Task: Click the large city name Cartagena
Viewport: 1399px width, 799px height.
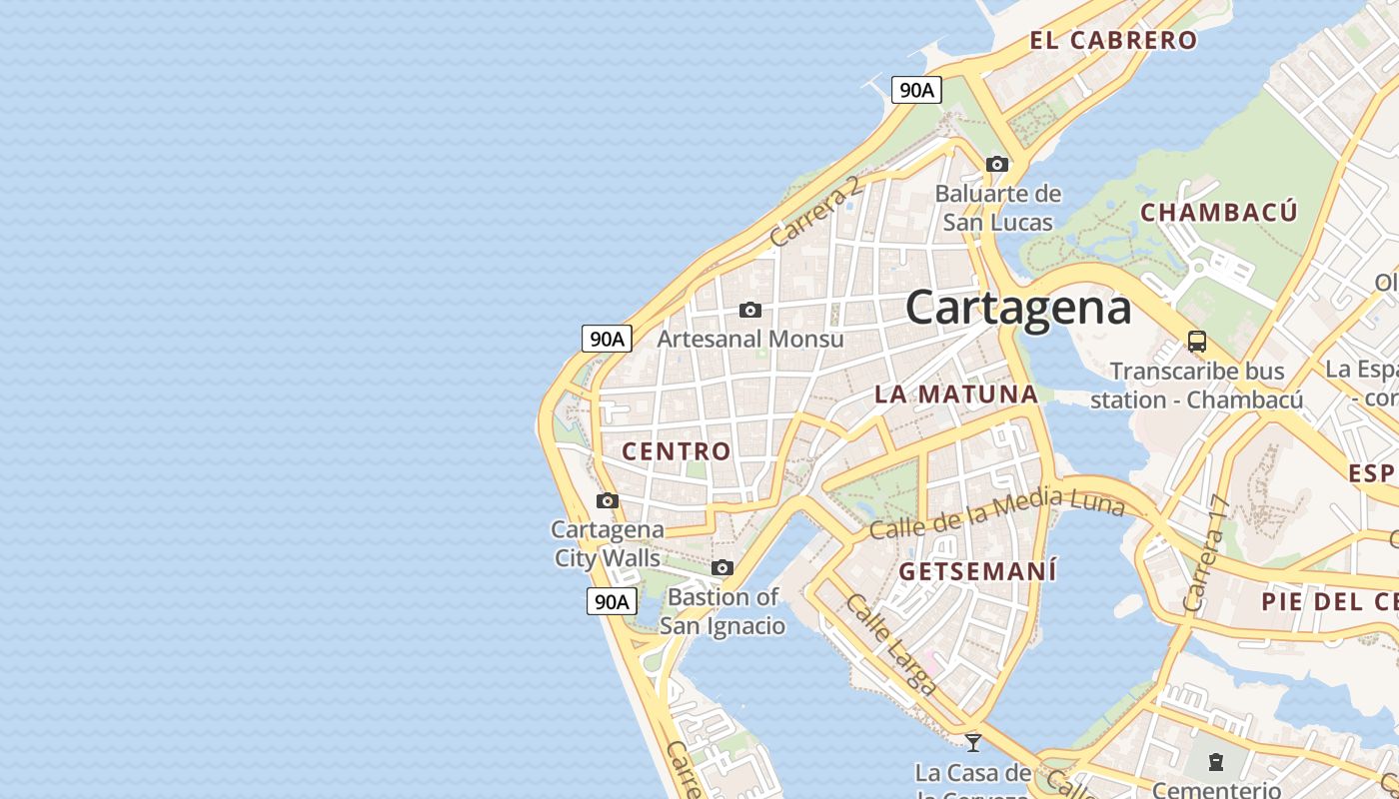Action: coord(1018,308)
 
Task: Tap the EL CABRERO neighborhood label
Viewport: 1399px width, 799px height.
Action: coord(1113,41)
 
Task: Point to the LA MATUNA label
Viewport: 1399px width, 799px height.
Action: coord(956,395)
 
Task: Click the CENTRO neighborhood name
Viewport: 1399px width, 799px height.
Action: coord(677,451)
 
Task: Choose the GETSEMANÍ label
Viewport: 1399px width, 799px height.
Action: coord(977,572)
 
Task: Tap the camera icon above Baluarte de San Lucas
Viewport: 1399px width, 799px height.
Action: coord(996,164)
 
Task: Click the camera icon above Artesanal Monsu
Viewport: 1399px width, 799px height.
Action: coord(749,311)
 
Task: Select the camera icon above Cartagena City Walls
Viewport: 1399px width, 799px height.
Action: coord(607,500)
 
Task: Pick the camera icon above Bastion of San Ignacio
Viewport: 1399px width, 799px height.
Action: coord(721,568)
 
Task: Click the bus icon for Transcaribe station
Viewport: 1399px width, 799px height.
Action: coord(1196,342)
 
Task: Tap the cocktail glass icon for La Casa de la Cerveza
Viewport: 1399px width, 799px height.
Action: coord(972,742)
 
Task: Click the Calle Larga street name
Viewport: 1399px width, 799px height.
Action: coord(890,644)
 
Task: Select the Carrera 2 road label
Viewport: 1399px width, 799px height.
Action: coord(815,213)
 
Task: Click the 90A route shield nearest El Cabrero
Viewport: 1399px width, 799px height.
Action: coord(916,90)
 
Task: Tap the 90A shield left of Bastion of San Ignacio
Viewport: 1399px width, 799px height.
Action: coord(611,601)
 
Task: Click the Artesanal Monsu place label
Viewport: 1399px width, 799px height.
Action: coord(749,340)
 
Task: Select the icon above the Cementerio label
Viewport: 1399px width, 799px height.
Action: coord(1215,763)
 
